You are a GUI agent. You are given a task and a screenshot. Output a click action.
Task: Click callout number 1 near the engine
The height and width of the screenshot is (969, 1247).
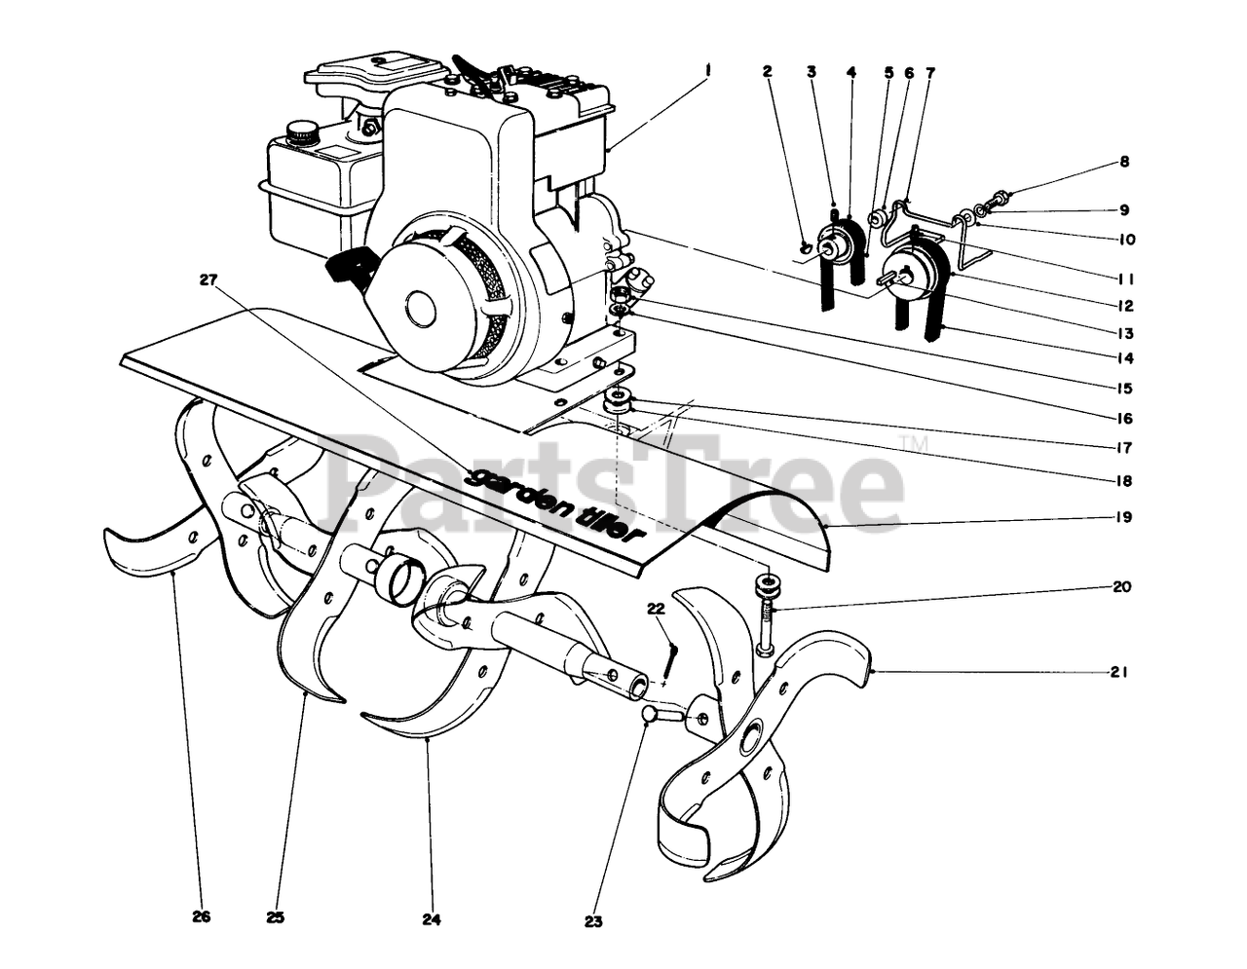tap(708, 69)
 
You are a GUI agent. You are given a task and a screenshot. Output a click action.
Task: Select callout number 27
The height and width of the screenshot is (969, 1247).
tap(207, 280)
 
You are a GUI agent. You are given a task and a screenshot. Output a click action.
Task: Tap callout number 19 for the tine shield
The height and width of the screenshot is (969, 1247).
tap(1124, 517)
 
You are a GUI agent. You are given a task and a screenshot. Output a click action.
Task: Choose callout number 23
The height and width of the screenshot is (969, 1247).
tap(595, 919)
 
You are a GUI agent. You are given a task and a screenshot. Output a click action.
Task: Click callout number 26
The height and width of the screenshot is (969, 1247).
tap(202, 916)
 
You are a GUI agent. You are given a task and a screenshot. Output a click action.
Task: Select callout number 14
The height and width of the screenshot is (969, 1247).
tap(1125, 357)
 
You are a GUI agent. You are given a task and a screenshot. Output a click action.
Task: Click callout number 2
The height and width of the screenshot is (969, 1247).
tap(768, 71)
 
